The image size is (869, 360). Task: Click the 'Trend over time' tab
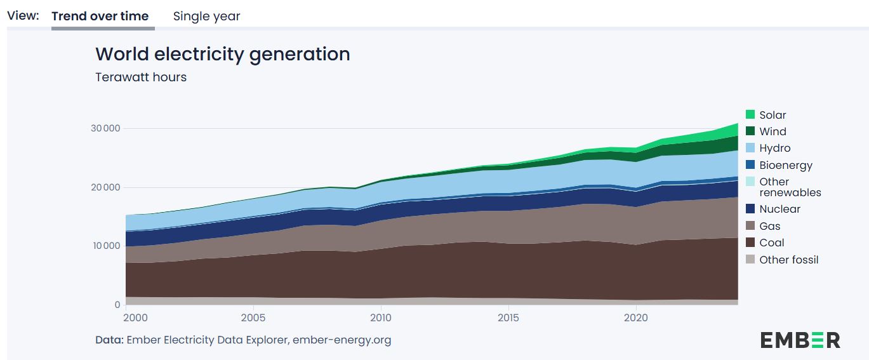click(100, 17)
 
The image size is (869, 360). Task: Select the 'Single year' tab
click(206, 17)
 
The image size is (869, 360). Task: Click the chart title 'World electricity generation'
click(222, 54)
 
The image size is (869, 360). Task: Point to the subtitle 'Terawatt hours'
click(141, 77)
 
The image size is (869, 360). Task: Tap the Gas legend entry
click(769, 226)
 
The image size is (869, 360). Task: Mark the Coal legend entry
click(771, 243)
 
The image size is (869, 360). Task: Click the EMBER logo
click(800, 340)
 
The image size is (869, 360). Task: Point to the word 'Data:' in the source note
click(109, 340)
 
